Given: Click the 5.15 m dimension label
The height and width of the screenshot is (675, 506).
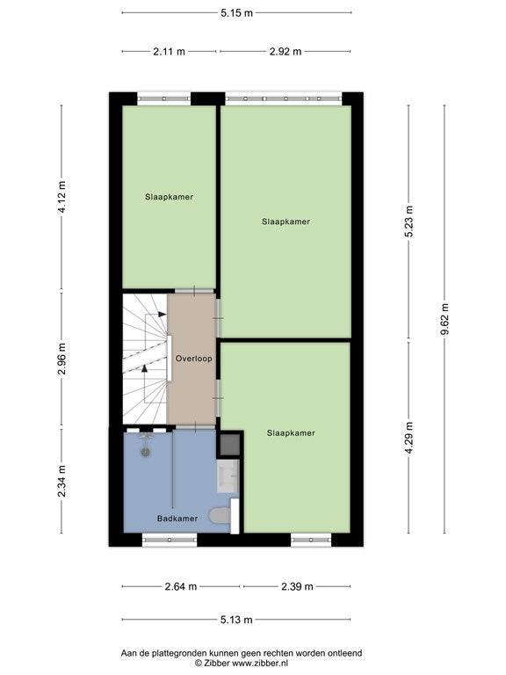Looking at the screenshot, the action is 236,13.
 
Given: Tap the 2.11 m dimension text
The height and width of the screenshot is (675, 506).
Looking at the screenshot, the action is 169,52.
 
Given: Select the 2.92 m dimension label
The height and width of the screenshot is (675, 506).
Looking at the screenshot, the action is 286,52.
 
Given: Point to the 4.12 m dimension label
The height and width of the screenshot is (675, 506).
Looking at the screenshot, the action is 62,197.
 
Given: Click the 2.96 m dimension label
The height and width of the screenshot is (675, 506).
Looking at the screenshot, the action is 62,359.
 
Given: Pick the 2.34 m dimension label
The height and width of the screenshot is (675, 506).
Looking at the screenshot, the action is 62,482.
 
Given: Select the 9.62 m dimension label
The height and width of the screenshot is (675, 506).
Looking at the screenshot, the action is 445,319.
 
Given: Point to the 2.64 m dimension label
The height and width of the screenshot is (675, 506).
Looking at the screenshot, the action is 181,586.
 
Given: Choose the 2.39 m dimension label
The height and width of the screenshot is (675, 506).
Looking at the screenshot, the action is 297,586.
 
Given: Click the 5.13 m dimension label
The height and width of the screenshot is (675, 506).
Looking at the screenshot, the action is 236,620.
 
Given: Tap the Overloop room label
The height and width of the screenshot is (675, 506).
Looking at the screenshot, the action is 193,359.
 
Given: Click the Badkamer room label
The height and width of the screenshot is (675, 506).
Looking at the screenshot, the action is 177,519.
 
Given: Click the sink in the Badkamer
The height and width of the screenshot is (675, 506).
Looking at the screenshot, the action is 228,476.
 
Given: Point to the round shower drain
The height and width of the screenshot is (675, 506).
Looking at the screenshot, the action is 146,453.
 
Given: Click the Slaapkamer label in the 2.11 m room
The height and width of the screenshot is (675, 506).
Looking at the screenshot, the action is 169,197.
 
